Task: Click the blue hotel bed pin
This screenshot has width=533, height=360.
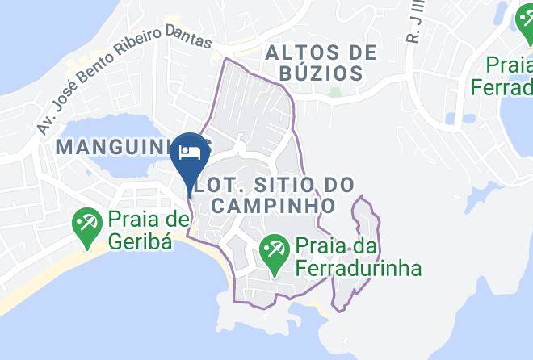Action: pyautogui.click(x=189, y=153)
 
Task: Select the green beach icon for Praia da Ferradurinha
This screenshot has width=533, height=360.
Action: pyautogui.click(x=274, y=249)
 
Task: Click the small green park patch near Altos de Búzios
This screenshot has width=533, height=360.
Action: pyautogui.click(x=335, y=91)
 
